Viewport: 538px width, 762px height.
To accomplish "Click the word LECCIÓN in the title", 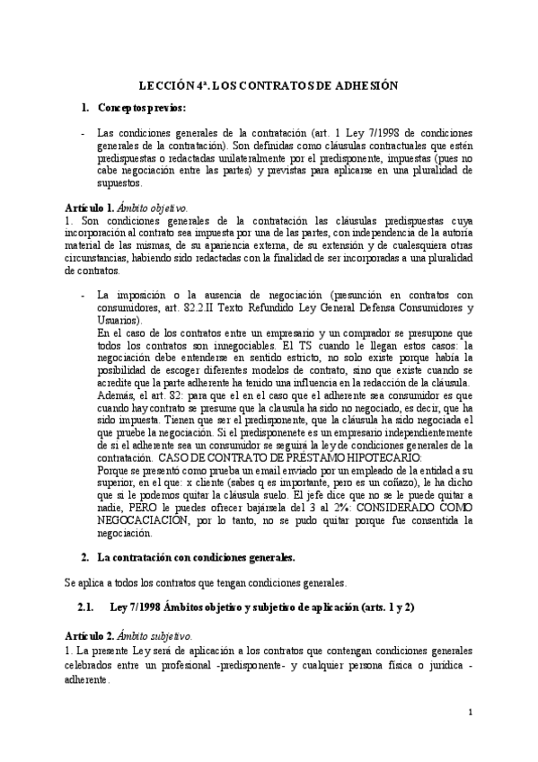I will pyautogui.click(x=164, y=84).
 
